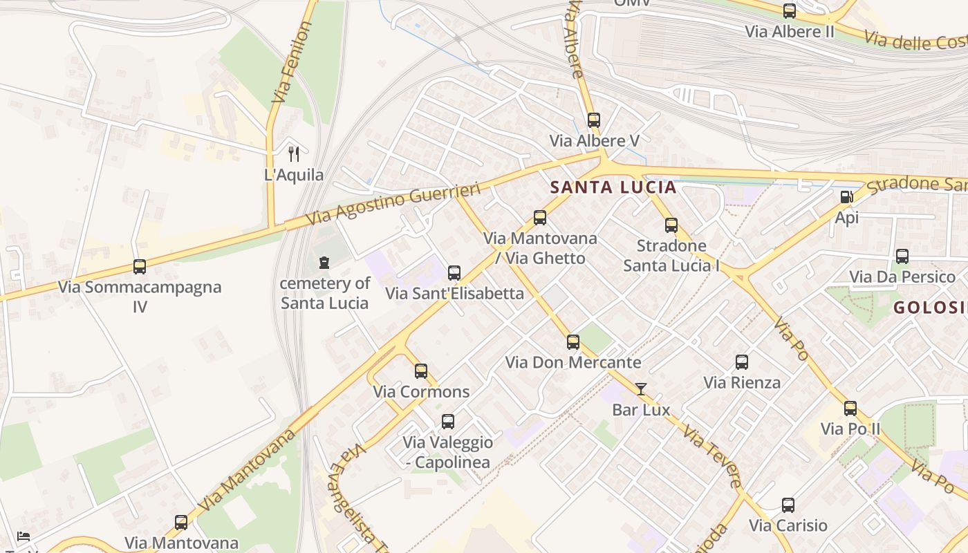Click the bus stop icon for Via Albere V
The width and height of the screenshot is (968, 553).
coord(593,120)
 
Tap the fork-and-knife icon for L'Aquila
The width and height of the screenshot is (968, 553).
coord(294,154)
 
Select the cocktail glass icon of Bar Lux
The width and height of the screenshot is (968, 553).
coord(641,389)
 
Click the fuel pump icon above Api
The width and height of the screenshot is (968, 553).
coord(846,197)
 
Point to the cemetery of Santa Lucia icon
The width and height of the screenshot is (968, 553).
coord(324,263)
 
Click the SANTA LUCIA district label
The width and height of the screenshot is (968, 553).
coord(613,187)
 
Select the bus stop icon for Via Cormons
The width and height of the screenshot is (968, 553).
coord(421,371)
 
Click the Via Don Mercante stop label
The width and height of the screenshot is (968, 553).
coord(573,362)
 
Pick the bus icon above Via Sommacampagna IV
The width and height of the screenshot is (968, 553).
coord(140,267)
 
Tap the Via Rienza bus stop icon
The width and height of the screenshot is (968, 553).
coord(742,362)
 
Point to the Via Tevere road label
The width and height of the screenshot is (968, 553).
coord(712,456)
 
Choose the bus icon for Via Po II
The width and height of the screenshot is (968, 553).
coord(850,409)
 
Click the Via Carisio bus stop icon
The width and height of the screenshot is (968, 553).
coord(788,505)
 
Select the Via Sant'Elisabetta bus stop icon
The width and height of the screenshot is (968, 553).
coord(454,273)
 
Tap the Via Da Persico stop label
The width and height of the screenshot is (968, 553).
coord(902,277)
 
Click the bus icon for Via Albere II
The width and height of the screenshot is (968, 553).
coord(789,11)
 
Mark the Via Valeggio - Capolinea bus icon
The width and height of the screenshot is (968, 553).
coord(448,422)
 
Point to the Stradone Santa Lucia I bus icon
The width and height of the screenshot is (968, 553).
coord(671,225)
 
